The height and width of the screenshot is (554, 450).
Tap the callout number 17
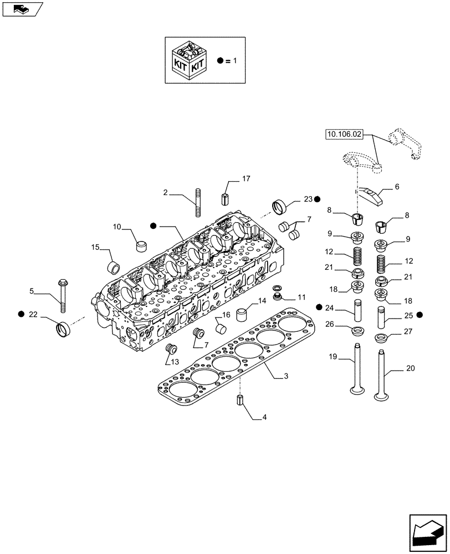tap(246, 178)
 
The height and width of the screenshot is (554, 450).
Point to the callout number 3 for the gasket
tap(285, 377)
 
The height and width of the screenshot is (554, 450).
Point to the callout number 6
tap(396, 188)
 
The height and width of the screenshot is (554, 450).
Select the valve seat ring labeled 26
tap(357, 332)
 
